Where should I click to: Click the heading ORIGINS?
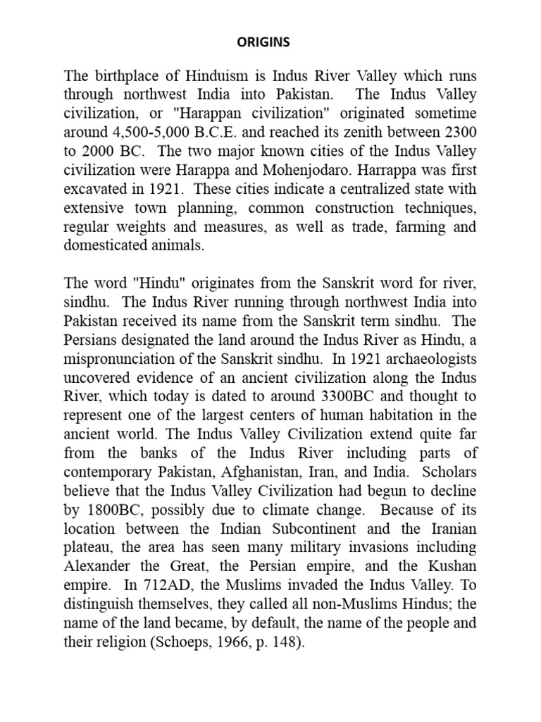tap(263, 42)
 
